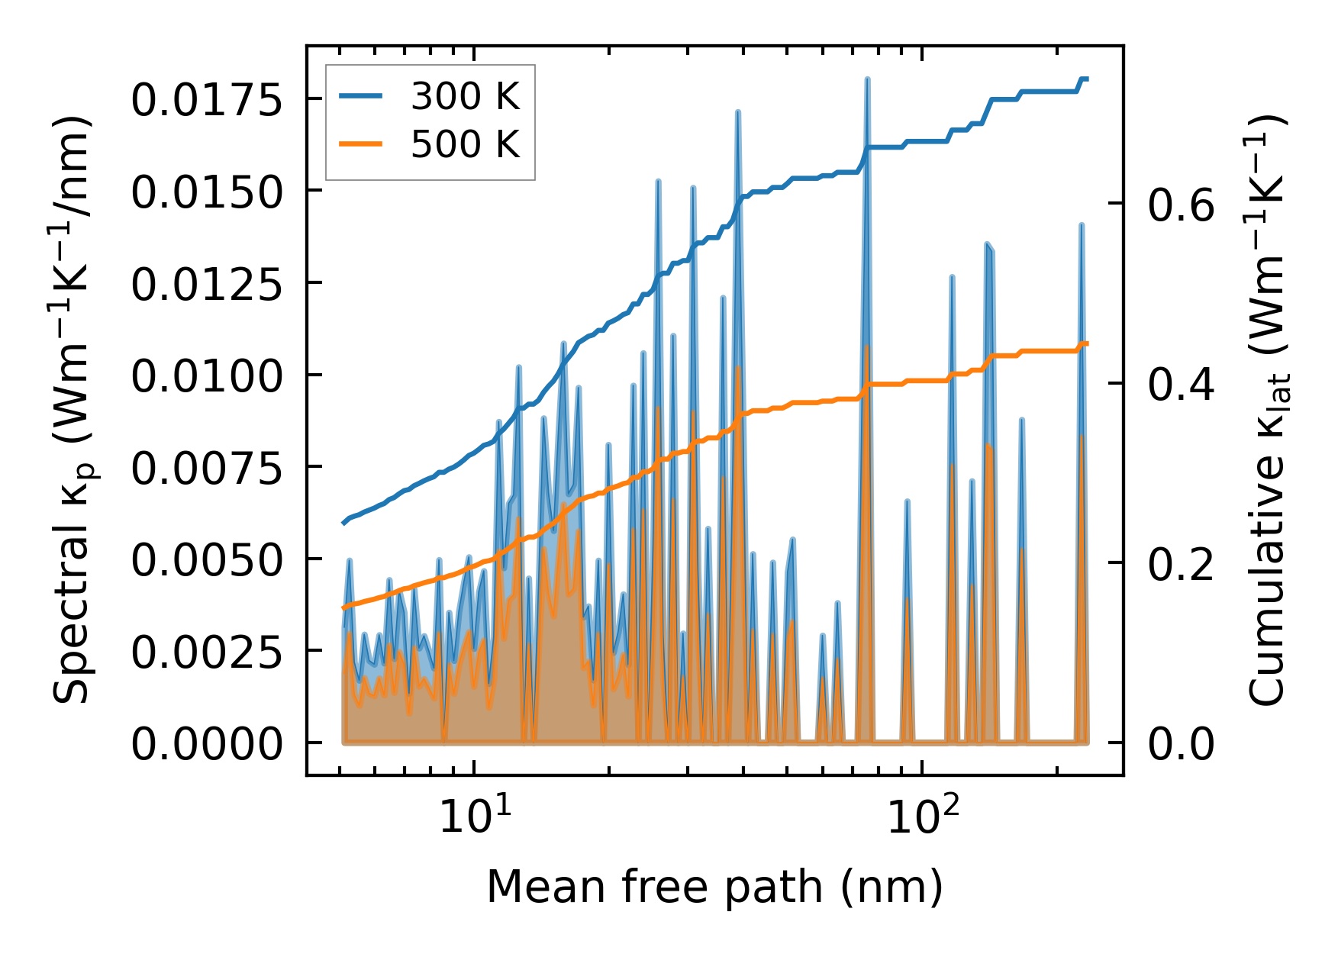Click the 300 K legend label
coord(465,97)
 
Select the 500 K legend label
coord(465,144)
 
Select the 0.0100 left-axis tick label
coord(207,376)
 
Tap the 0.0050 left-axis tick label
coord(207,560)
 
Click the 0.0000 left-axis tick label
coord(207,744)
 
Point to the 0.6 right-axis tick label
coord(1181,205)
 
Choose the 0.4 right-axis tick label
coord(1181,385)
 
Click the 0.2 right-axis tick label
coord(1181,565)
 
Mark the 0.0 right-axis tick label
coord(1181,744)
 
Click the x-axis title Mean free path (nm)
coord(715,887)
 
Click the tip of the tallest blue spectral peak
coord(867,79)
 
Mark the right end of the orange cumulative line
coord(1087,344)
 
